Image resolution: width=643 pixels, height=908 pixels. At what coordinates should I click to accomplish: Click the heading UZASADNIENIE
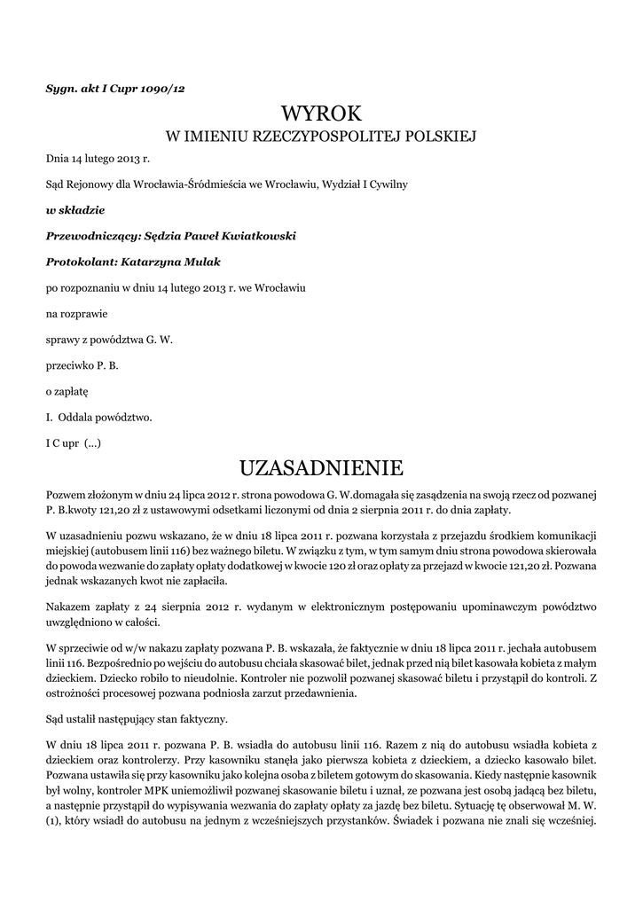pos(322,467)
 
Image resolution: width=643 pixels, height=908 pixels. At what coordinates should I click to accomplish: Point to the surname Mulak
pos(200,262)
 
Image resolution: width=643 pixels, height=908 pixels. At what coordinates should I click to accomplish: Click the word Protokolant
pos(76,262)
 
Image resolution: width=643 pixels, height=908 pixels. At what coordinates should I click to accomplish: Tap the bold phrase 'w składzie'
pos(75,210)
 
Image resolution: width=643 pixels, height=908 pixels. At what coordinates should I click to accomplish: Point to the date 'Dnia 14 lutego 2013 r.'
pos(98,159)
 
